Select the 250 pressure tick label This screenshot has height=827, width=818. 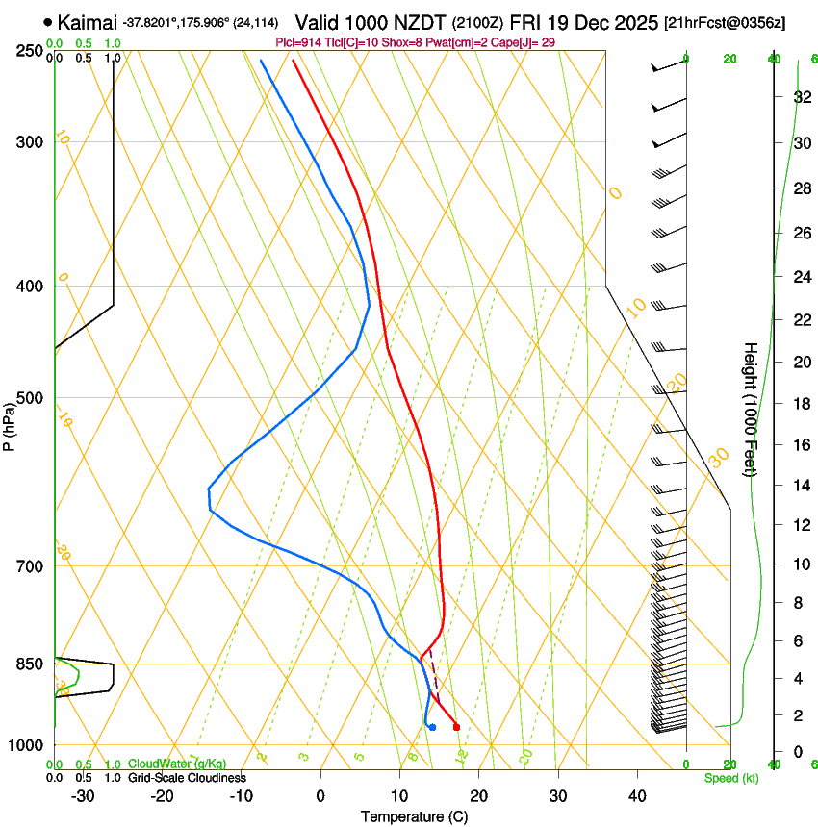point(28,51)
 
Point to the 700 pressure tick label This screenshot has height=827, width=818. point(28,566)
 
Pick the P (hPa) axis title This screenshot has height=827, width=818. point(10,420)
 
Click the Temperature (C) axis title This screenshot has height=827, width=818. point(414,816)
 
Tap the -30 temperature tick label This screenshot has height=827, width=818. point(83,796)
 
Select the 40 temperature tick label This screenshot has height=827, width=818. point(637,796)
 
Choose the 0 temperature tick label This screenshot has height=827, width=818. point(320,796)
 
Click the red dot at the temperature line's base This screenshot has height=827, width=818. point(456,727)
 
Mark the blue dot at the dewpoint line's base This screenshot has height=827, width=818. point(432,727)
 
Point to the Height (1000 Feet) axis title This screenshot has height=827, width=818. point(751,409)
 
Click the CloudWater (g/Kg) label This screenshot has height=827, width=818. point(177,764)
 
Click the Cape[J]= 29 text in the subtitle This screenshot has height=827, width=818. point(526,42)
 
